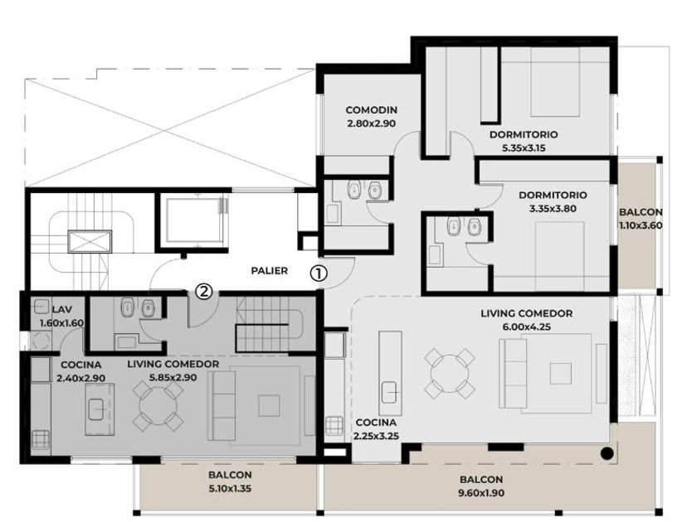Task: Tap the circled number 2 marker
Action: pos(204,292)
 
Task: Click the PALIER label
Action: pos(270,270)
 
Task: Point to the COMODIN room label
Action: pos(372,109)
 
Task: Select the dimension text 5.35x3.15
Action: pos(524,148)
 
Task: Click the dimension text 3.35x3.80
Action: pos(553,208)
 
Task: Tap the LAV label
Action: pos(62,309)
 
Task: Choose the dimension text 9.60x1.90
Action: pos(481,493)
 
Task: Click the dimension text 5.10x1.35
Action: pos(231,489)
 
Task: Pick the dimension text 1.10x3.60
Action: pos(641,225)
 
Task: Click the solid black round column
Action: pos(607,454)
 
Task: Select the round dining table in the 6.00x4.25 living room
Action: pos(449,374)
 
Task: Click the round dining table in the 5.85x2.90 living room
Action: pos(158,407)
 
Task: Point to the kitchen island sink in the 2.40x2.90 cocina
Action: pos(96,409)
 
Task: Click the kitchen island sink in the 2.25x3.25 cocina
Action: pos(390,393)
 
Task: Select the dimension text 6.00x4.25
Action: pos(526,327)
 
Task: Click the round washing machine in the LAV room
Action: pos(41,341)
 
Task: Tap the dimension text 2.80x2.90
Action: pos(372,123)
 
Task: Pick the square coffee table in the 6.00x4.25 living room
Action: pos(561,374)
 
